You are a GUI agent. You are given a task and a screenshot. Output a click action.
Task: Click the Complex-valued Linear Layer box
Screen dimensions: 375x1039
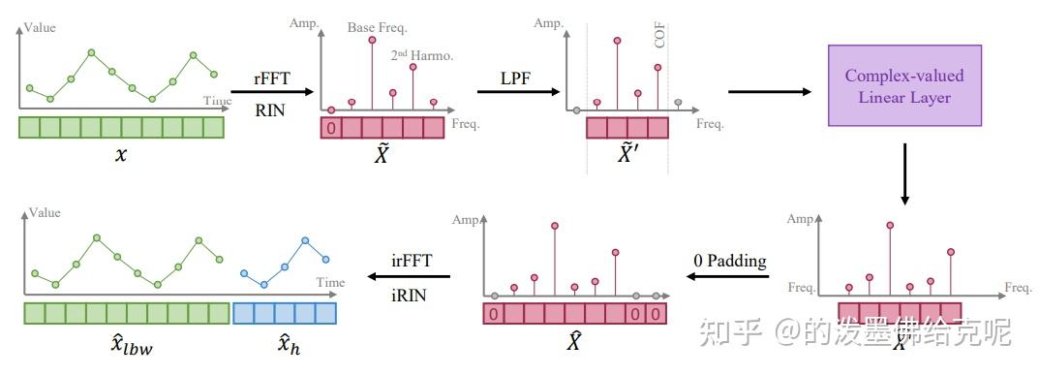(x=904, y=86)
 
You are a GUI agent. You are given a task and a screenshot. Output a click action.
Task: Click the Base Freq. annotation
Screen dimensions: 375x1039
(x=376, y=28)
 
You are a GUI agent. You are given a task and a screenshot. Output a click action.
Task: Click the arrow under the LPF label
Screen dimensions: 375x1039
(x=520, y=92)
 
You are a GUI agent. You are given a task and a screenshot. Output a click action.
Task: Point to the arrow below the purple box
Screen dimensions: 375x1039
(x=904, y=173)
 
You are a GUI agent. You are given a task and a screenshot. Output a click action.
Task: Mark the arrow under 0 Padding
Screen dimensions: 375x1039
(x=728, y=278)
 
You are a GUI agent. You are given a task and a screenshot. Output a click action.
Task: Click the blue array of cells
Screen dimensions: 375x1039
(x=284, y=313)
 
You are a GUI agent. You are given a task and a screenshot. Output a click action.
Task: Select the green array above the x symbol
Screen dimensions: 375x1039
(x=121, y=128)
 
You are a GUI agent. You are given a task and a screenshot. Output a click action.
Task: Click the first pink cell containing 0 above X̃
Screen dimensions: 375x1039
(x=331, y=128)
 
